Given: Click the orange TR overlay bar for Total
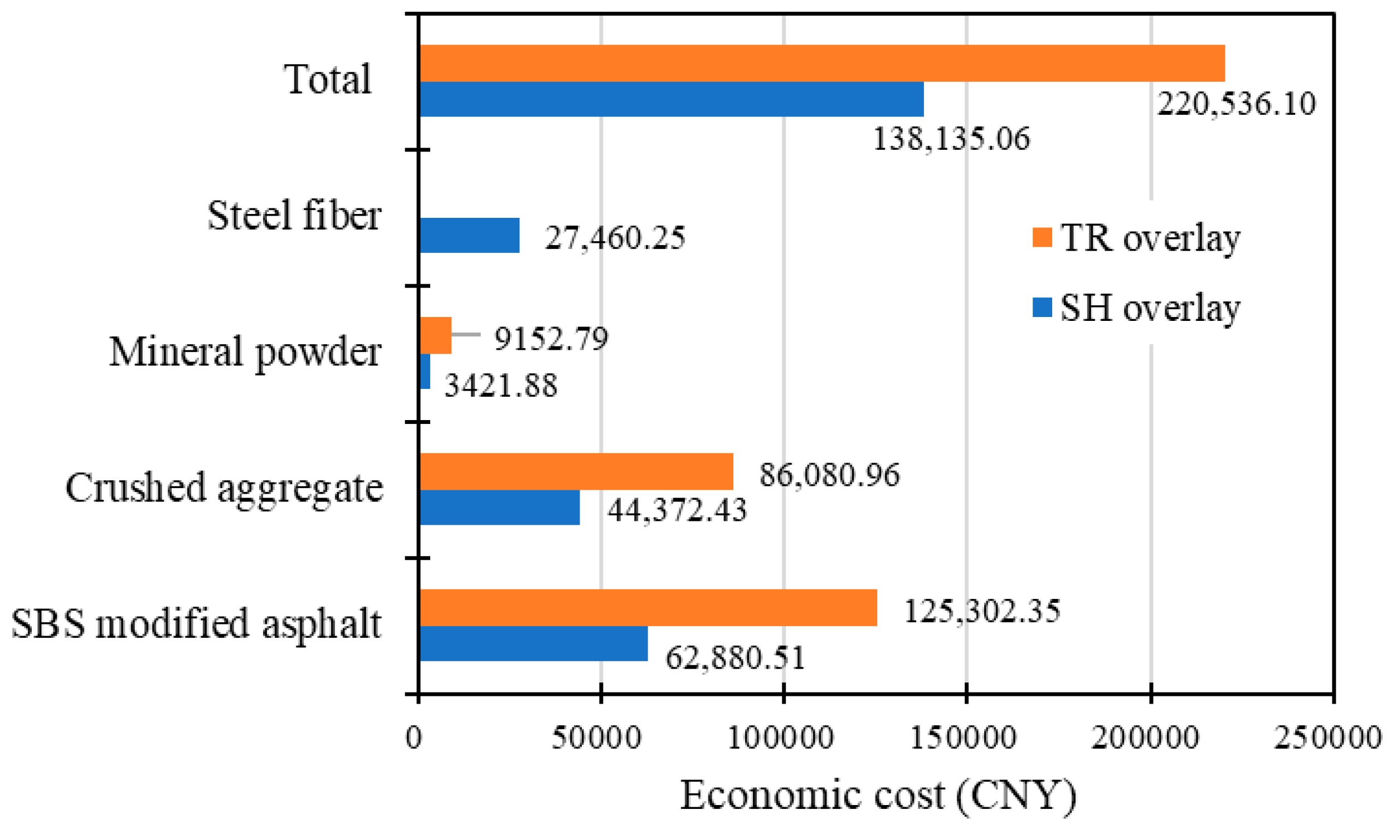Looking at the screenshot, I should click(x=821, y=63).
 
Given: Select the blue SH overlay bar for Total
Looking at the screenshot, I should click(x=670, y=99).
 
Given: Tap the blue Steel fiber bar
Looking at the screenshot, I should click(x=469, y=235).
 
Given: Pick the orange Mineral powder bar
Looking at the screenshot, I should click(x=435, y=335).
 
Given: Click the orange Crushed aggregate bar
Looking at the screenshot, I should click(x=575, y=471).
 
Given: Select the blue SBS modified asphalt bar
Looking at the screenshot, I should click(x=533, y=643).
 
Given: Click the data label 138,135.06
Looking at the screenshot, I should click(x=951, y=139).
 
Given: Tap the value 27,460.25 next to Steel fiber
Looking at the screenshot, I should click(x=615, y=237).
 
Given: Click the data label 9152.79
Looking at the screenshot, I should click(x=551, y=339).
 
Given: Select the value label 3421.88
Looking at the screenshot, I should click(x=500, y=386).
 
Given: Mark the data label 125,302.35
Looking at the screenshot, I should click(x=981, y=611).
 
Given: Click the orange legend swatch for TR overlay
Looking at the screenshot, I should click(x=1042, y=237).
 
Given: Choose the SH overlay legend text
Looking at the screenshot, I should click(x=1150, y=308).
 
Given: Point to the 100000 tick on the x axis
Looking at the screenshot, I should click(x=781, y=738).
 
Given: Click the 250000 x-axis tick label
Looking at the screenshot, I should click(x=1327, y=738).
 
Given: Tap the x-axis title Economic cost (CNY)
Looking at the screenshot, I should click(x=878, y=795).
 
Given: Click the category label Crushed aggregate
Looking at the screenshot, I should click(x=224, y=487).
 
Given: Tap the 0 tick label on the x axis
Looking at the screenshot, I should click(x=414, y=738).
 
